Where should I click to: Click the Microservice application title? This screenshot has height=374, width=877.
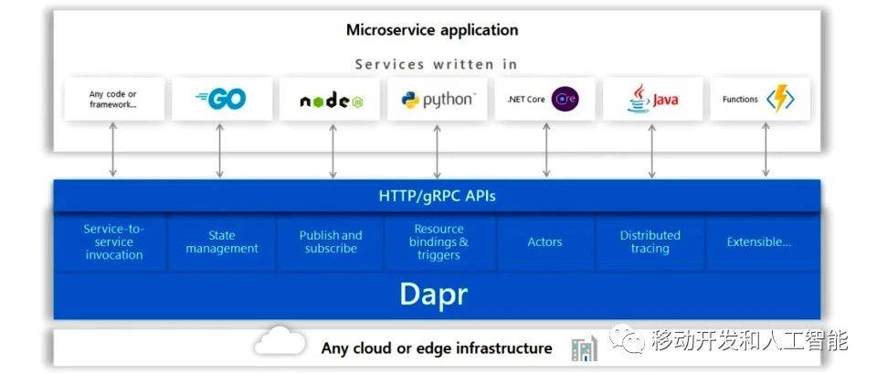point(432,30)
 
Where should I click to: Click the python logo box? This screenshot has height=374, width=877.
point(438,100)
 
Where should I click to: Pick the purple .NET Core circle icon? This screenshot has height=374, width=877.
point(565,100)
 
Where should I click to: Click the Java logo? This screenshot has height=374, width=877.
point(652,100)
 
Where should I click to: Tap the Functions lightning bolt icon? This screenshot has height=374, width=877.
point(779,99)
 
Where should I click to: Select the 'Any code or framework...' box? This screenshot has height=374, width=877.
point(114,100)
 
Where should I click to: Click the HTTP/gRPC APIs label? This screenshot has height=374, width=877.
point(438,196)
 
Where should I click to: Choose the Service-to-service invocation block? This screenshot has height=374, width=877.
point(114,242)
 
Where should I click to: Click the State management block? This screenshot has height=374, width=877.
point(222,242)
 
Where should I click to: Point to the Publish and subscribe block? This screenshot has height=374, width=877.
point(331,242)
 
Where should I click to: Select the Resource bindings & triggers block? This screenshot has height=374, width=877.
point(439,242)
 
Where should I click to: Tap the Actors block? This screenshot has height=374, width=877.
point(545,242)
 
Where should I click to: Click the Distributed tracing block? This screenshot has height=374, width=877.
point(650,242)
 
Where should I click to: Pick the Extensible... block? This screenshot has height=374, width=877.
point(759,242)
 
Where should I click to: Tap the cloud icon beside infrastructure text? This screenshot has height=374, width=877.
point(280,342)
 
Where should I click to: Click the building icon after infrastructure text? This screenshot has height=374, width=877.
point(583,348)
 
